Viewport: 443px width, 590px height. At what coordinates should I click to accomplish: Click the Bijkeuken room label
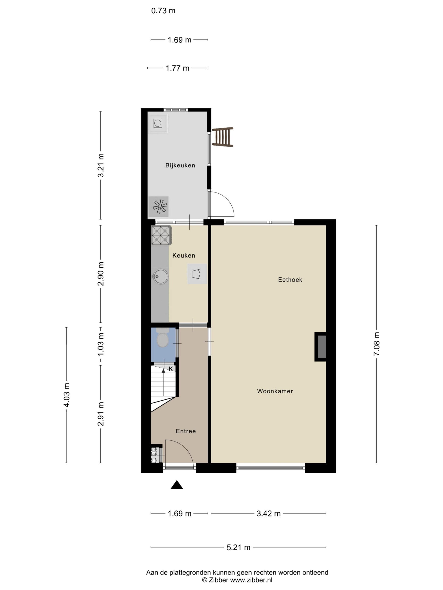(180, 165)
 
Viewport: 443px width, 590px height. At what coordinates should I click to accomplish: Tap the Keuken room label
(184, 256)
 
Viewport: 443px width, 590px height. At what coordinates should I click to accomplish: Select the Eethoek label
(290, 280)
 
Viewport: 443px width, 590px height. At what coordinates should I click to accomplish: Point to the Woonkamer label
(275, 391)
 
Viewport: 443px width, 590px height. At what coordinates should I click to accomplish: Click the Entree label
(186, 431)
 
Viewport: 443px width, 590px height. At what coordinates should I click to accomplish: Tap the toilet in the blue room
(162, 338)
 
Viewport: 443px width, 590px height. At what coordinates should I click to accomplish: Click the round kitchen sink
(161, 277)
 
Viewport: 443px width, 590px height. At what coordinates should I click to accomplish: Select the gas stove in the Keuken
(161, 235)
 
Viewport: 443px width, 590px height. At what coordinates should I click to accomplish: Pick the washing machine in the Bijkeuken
(158, 123)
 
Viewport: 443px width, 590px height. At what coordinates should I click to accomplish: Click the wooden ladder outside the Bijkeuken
(223, 137)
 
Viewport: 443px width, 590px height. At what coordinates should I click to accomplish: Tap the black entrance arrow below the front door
(177, 485)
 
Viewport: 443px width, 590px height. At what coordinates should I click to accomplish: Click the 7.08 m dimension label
(377, 344)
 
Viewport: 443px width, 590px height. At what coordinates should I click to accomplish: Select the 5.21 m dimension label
(238, 547)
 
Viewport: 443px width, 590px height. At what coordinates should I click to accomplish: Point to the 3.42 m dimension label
(268, 513)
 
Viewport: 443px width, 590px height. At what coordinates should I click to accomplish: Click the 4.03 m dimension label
(66, 395)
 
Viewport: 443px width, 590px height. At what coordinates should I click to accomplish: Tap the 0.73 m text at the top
(163, 11)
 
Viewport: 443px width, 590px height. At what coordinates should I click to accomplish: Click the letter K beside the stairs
(171, 369)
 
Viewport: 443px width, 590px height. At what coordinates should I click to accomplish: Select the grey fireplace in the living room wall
(321, 347)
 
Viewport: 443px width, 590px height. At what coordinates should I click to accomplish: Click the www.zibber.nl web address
(251, 580)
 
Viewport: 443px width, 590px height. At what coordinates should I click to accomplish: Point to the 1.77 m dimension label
(177, 68)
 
